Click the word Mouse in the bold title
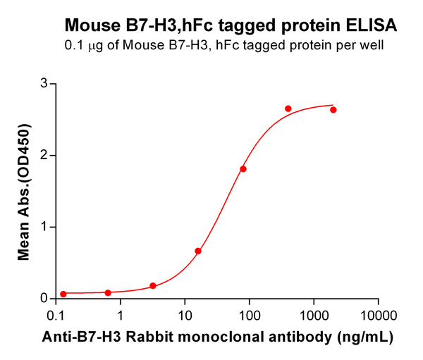(90, 26)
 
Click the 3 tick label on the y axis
(44, 84)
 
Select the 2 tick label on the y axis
(44, 156)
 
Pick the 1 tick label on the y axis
(44, 227)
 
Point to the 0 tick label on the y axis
(44, 299)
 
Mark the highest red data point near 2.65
(288, 108)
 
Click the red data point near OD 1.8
(243, 169)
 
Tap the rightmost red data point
(333, 110)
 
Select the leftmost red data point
(63, 294)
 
